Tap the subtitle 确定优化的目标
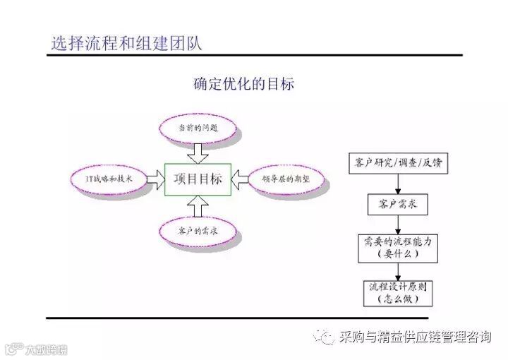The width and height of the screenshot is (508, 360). pos(243,84)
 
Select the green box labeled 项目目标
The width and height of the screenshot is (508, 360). pos(198,179)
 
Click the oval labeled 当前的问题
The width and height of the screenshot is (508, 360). pos(198,128)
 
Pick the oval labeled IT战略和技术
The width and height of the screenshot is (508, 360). pos(109,179)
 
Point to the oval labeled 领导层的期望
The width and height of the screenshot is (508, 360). pos(281,179)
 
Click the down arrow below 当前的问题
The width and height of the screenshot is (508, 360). pos(198,152)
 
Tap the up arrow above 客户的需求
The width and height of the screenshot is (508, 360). pos(198,205)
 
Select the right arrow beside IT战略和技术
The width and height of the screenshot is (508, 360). pos(154,179)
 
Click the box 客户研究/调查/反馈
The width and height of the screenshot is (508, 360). pos(398,163)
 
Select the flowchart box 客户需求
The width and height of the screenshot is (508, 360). pos(398,205)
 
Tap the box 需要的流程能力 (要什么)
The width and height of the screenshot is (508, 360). pos(398,247)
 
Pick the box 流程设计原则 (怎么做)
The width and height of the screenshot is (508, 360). pos(398,293)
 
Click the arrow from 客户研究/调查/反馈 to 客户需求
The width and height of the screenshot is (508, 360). pos(398,184)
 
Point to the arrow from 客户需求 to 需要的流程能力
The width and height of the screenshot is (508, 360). pos(398,224)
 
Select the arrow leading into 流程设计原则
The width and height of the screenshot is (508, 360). pos(398,270)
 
